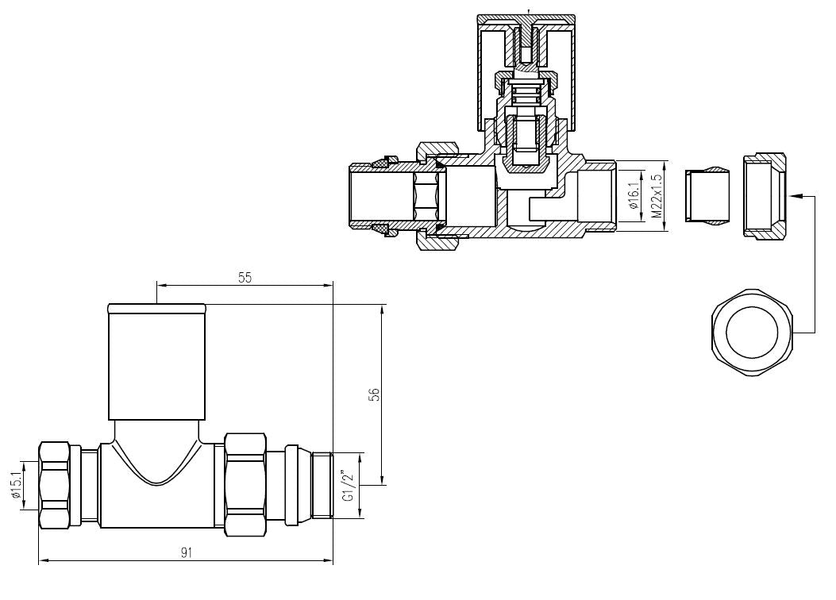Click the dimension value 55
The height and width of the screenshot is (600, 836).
tap(245, 277)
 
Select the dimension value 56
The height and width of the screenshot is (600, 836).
tap(376, 394)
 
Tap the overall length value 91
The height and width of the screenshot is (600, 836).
tap(186, 552)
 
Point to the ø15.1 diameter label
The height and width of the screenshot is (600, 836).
tap(15, 485)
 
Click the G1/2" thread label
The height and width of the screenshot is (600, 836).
tap(349, 486)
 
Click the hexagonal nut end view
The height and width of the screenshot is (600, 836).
tap(753, 333)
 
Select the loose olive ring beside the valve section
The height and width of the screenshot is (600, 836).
tap(707, 195)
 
